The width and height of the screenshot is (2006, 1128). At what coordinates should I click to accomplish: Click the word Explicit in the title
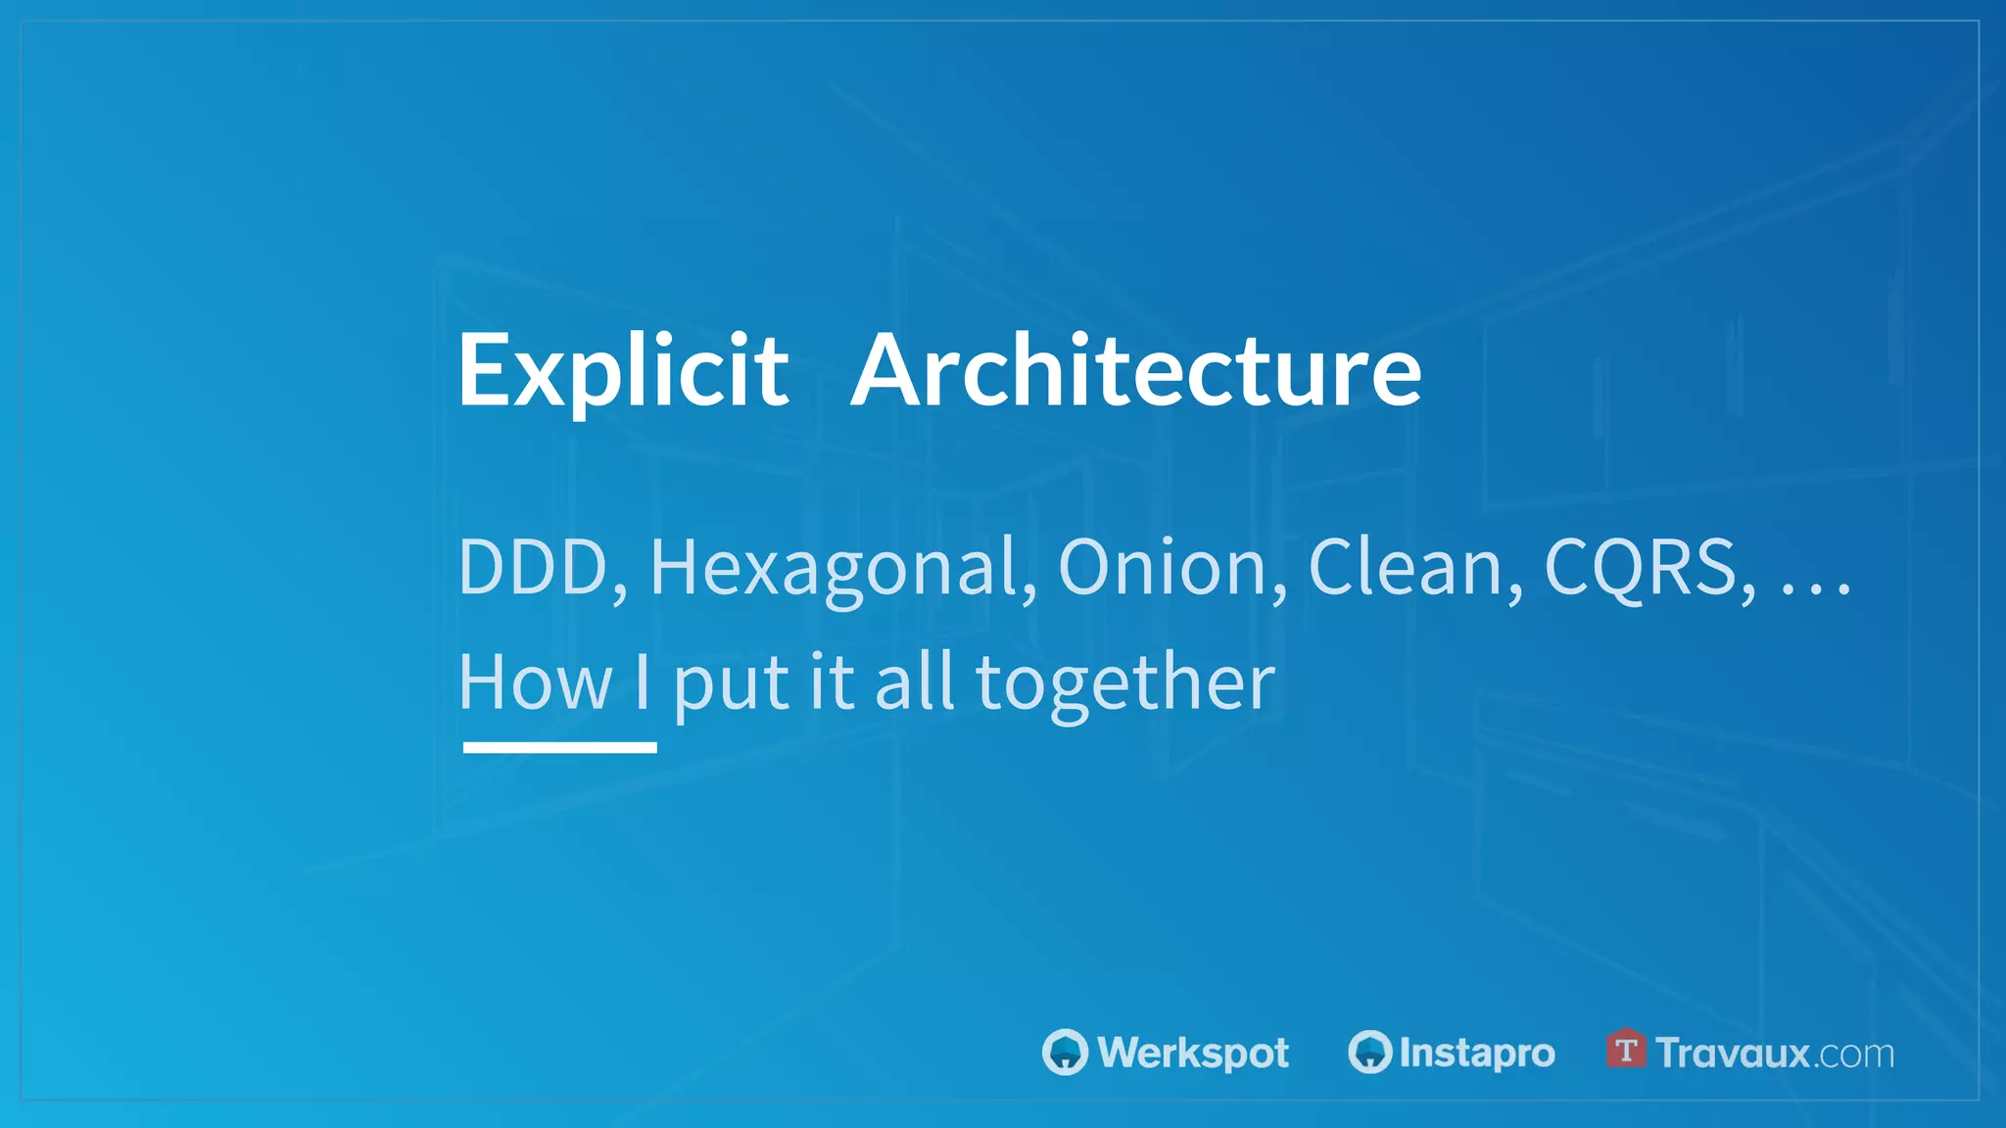click(x=623, y=370)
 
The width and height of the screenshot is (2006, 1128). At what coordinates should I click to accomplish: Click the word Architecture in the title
click(x=1136, y=370)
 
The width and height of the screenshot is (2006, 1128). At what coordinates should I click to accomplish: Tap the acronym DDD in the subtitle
click(x=534, y=567)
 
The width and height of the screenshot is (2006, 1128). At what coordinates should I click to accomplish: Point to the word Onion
click(x=1163, y=567)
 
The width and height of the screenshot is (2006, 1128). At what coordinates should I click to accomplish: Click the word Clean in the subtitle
click(x=1407, y=567)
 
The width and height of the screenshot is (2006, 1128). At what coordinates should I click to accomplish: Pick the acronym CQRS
click(x=1641, y=567)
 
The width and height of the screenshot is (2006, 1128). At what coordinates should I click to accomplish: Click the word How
click(x=535, y=682)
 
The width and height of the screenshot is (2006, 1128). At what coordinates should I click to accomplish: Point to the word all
click(x=914, y=682)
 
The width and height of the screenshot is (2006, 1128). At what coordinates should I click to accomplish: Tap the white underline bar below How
click(x=559, y=747)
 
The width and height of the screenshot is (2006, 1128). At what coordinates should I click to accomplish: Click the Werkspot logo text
click(x=1193, y=1053)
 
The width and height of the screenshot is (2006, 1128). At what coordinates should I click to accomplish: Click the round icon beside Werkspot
click(x=1065, y=1053)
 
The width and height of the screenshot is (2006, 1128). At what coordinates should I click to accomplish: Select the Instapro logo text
click(x=1477, y=1054)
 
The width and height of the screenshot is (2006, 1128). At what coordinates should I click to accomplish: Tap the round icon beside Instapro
click(x=1369, y=1053)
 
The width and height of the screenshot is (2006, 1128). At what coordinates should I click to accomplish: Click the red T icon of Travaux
click(x=1626, y=1050)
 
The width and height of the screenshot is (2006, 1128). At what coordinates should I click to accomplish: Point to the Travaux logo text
click(x=1733, y=1054)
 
